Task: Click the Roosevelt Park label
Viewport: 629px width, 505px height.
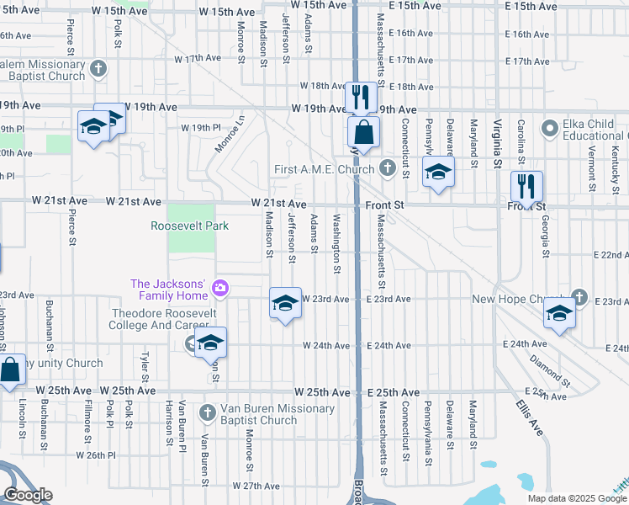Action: pyautogui.click(x=189, y=226)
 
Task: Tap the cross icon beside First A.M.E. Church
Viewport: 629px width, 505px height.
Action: pyautogui.click(x=387, y=168)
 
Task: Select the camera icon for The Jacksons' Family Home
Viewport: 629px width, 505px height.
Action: pyautogui.click(x=220, y=289)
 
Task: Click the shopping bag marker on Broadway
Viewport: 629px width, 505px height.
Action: pyautogui.click(x=364, y=132)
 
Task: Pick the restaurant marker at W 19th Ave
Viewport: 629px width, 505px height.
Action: pyautogui.click(x=361, y=97)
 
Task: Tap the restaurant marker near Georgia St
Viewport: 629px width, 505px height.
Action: pyautogui.click(x=526, y=186)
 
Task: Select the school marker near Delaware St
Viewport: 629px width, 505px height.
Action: pyautogui.click(x=437, y=173)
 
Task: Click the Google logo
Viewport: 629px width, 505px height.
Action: pyautogui.click(x=28, y=496)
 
